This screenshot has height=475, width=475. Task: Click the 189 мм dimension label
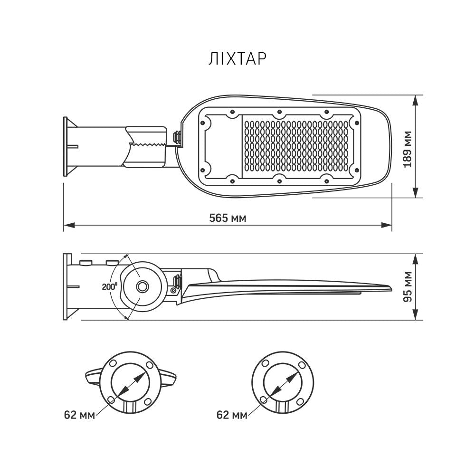tap(407, 146)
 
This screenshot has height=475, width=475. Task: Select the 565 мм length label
tap(228, 218)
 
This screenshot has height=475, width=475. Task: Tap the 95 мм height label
tap(407, 286)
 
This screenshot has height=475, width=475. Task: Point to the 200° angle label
tap(109, 286)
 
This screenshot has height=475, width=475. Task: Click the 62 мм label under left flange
tap(79, 415)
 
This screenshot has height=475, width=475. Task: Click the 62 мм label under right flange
tap(231, 415)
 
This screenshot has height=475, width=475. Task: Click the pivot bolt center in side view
tap(142, 286)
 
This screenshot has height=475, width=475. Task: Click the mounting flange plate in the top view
tap(66, 146)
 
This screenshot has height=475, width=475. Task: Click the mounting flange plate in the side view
tap(66, 286)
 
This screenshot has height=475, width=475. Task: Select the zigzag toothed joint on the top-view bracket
tap(148, 144)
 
